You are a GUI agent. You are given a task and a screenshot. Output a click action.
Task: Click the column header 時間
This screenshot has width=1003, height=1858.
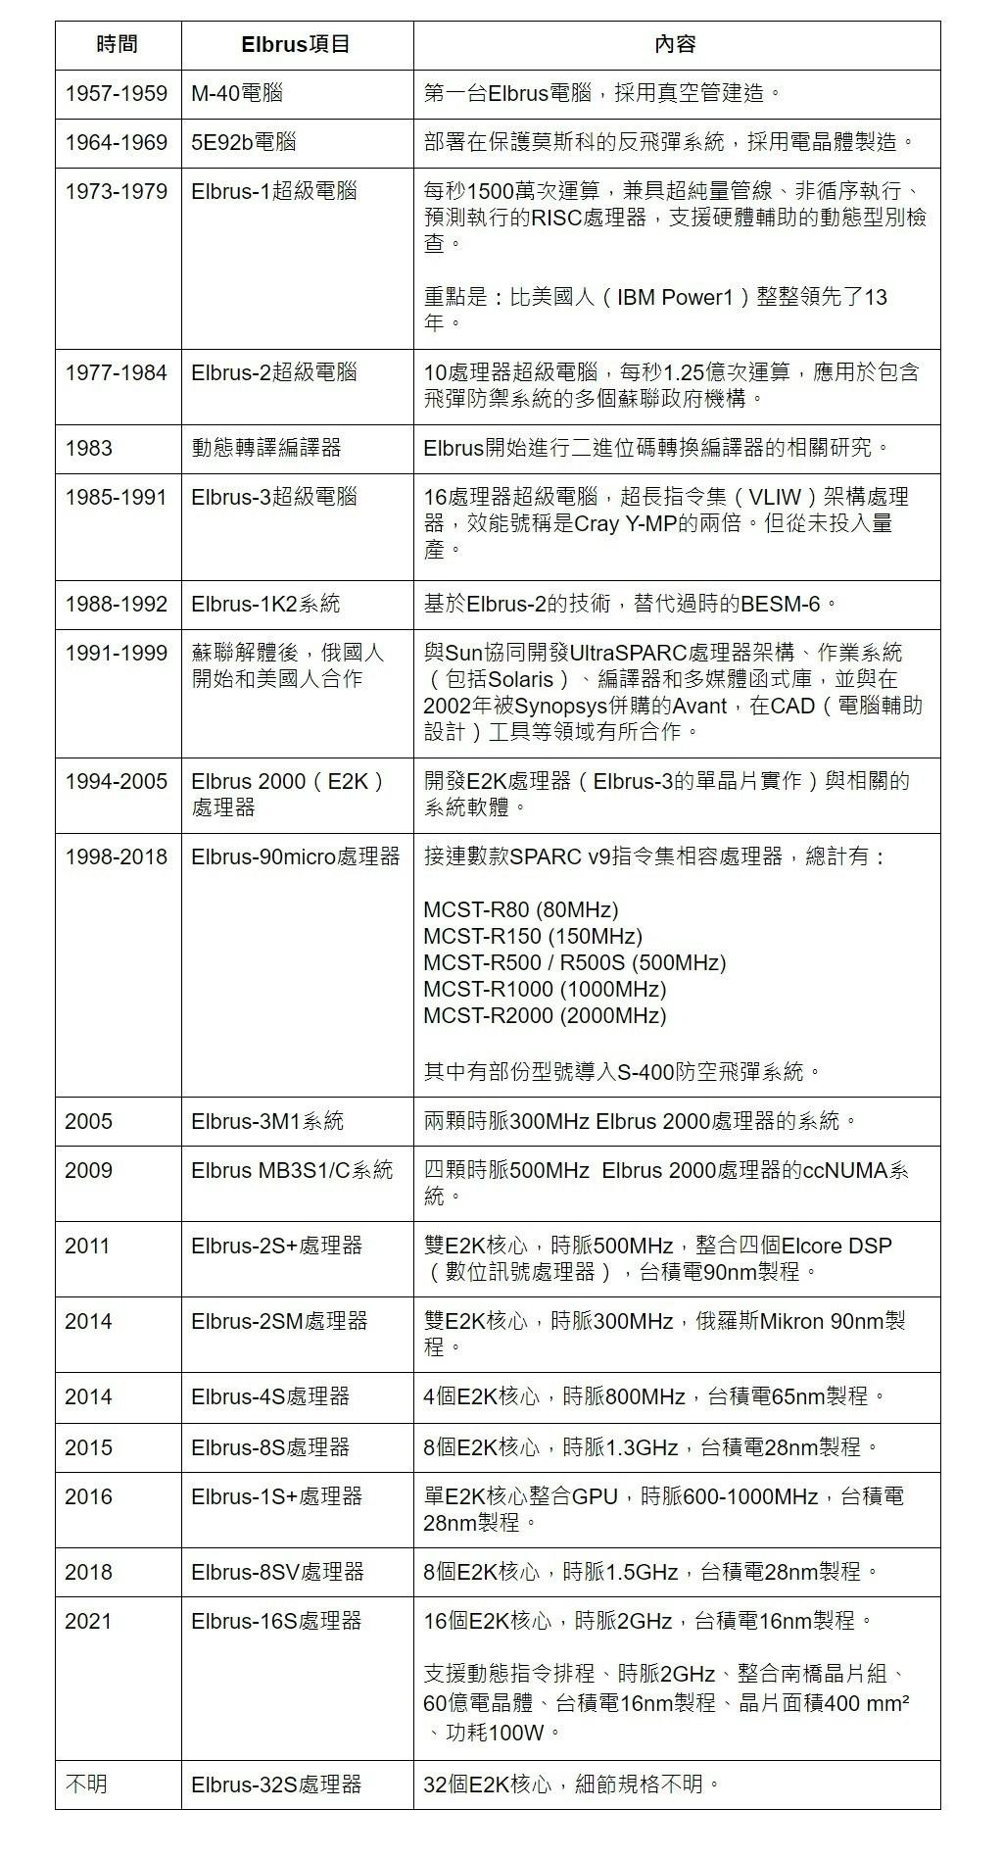(x=118, y=45)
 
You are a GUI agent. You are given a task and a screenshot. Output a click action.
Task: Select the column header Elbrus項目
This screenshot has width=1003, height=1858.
(x=296, y=45)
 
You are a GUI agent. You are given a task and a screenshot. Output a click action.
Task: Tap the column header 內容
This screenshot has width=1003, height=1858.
(x=675, y=45)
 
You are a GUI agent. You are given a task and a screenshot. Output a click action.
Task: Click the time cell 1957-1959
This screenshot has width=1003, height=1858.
(x=116, y=94)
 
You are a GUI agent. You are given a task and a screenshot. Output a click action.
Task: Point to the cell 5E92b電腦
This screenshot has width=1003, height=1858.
(x=243, y=143)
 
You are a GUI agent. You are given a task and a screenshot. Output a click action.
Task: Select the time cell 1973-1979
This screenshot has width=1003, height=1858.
(x=116, y=192)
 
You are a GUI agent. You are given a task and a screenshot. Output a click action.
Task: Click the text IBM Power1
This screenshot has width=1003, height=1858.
(x=675, y=298)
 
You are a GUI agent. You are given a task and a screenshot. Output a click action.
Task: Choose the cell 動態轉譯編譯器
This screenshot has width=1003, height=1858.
(x=266, y=449)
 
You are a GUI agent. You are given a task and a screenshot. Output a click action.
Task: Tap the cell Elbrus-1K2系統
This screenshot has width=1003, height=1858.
(x=265, y=605)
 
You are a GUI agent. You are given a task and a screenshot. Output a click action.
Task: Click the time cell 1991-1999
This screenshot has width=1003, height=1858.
(x=116, y=654)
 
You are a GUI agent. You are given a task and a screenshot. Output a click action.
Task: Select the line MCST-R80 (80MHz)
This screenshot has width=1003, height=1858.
(x=520, y=910)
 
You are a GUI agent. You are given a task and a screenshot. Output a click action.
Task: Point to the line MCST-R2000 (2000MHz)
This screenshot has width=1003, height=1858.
(x=545, y=1016)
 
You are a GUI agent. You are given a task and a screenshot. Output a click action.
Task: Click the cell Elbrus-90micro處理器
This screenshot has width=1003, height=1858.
(x=296, y=857)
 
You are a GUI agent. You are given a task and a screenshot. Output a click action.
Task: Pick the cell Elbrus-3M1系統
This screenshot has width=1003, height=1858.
(x=267, y=1122)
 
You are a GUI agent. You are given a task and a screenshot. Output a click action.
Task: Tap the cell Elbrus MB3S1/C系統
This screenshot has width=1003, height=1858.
(x=292, y=1171)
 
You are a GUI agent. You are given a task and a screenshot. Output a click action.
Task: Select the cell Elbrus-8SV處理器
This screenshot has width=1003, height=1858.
(x=277, y=1573)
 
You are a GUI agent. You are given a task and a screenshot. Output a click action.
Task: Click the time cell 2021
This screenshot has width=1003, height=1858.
(x=88, y=1622)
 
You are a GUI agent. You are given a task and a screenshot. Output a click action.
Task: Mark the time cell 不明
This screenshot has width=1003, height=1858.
(x=86, y=1785)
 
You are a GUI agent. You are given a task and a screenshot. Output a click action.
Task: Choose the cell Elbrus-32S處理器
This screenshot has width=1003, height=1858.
(x=276, y=1785)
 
